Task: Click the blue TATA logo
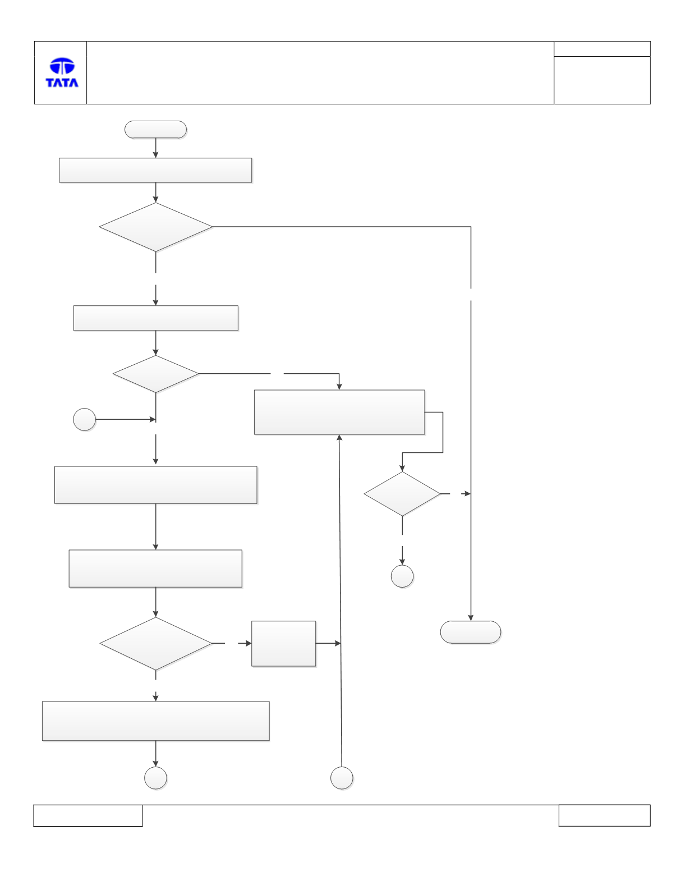click(x=62, y=72)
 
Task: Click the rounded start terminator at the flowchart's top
click(x=155, y=130)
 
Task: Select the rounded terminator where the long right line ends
click(x=471, y=632)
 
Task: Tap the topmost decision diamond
click(x=155, y=227)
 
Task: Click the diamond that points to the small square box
click(x=155, y=644)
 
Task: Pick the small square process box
click(x=284, y=644)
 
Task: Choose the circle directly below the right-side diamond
click(x=402, y=576)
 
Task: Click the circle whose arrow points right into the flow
click(x=84, y=420)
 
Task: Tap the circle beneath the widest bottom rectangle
click(x=155, y=778)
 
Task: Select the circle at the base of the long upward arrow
click(x=342, y=778)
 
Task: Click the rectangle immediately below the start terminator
click(x=155, y=170)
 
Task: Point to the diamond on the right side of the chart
click(x=402, y=494)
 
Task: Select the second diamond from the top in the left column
click(x=155, y=374)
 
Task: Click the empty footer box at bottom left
click(x=88, y=815)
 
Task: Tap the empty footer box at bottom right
click(x=605, y=815)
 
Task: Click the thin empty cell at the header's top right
click(x=602, y=49)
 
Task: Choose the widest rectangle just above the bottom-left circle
click(x=156, y=721)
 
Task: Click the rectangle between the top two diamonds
click(x=156, y=318)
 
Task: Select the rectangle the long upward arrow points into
click(x=339, y=412)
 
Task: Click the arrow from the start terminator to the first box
click(x=155, y=148)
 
